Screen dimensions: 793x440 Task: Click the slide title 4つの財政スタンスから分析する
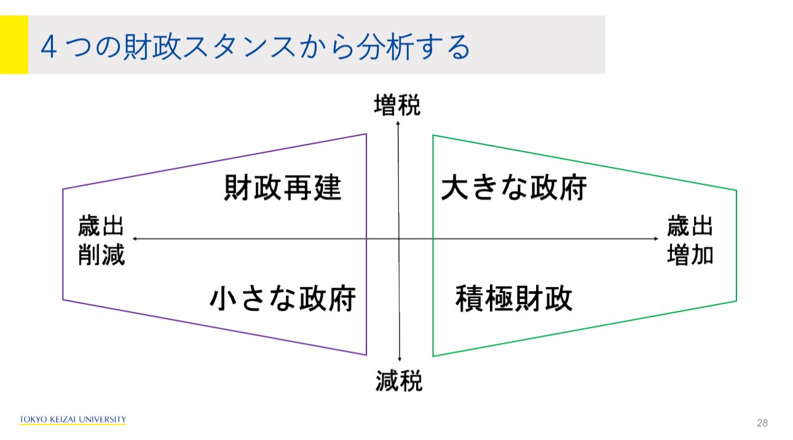coord(255,48)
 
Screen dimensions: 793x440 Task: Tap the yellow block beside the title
coord(14,45)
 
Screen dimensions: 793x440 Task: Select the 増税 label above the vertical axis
coord(398,106)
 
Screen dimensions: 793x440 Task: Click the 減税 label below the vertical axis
coord(399,382)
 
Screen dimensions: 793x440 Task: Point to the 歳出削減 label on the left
coord(101,240)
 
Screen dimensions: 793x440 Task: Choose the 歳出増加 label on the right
coord(690,240)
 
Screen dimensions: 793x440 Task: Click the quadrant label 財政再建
coord(282,188)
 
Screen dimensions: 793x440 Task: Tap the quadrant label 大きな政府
coord(514,188)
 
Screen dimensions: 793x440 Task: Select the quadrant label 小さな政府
coord(283,299)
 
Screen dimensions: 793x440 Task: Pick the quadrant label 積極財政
coord(514,299)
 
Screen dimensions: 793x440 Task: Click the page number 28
coord(762,423)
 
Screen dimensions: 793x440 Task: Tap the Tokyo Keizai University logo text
coord(73,419)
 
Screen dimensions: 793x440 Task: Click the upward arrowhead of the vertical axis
coord(398,123)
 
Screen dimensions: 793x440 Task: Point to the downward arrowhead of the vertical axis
coord(400,359)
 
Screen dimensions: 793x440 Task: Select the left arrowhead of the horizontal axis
coord(135,238)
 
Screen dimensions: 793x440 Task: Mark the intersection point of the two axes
coord(399,238)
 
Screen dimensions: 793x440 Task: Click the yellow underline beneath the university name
coord(73,425)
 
